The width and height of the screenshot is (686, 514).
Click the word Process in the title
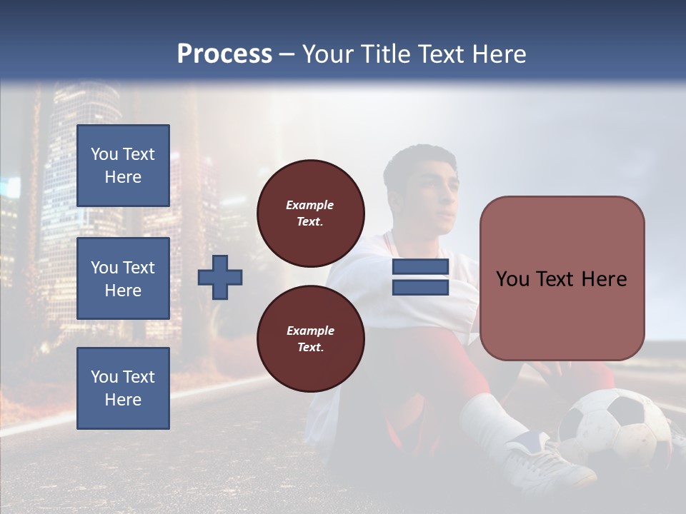224,54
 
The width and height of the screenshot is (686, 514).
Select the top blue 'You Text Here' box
123,166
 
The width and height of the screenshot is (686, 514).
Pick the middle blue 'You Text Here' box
123,278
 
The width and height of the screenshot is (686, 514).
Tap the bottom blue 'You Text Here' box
123,388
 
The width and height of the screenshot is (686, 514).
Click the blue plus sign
220,278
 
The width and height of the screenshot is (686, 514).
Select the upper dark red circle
311,213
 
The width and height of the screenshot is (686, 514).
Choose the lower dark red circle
311,339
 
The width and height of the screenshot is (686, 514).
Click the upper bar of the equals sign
420,267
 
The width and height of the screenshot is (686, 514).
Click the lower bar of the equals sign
420,288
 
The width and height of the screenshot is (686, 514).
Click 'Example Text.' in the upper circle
310,213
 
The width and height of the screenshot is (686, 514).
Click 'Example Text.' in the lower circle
310,339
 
